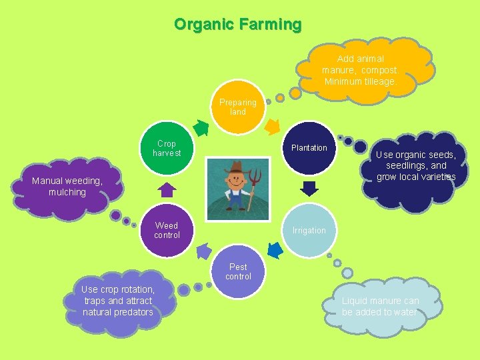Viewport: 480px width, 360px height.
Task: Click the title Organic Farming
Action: (x=238, y=25)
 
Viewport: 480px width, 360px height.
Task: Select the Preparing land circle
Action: (x=238, y=107)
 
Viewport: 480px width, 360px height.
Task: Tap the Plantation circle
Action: (x=309, y=148)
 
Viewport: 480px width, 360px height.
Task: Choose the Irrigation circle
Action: (x=309, y=231)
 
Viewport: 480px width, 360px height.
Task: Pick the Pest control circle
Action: (x=238, y=271)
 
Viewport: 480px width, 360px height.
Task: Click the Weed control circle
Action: (x=167, y=231)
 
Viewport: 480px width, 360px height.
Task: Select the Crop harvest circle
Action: (x=167, y=148)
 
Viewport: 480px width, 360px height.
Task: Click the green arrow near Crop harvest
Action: (x=200, y=125)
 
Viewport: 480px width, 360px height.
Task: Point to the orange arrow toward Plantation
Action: (x=273, y=125)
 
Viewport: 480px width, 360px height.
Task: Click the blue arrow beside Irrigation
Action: (x=274, y=250)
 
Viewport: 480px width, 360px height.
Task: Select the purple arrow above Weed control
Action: (x=167, y=190)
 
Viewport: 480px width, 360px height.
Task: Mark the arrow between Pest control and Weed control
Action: (x=203, y=251)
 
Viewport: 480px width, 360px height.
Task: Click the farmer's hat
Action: (x=235, y=167)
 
